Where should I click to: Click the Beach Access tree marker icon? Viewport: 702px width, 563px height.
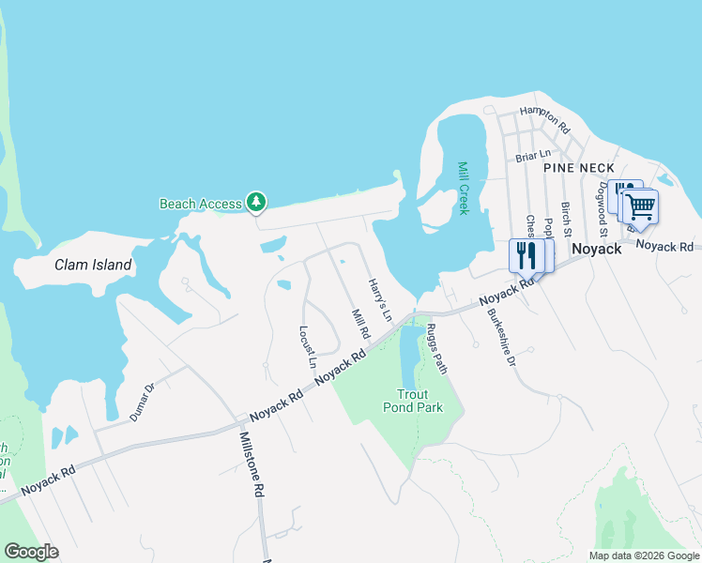pyautogui.click(x=255, y=202)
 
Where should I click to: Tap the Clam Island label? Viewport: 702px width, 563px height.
pyautogui.click(x=93, y=265)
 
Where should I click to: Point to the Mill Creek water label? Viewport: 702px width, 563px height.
pyautogui.click(x=463, y=188)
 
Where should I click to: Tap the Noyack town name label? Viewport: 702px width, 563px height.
pyautogui.click(x=597, y=249)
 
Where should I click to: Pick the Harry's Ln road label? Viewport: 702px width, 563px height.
pyautogui.click(x=378, y=299)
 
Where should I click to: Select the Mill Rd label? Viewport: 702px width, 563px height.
pyautogui.click(x=359, y=325)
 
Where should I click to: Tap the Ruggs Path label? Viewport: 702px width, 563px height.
pyautogui.click(x=436, y=348)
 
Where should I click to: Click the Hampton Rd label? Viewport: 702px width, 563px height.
pyautogui.click(x=545, y=117)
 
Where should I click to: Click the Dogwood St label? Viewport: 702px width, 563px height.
pyautogui.click(x=603, y=211)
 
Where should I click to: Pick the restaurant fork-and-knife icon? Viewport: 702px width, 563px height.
pyautogui.click(x=525, y=254)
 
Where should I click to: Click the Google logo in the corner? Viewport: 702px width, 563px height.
pyautogui.click(x=31, y=552)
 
